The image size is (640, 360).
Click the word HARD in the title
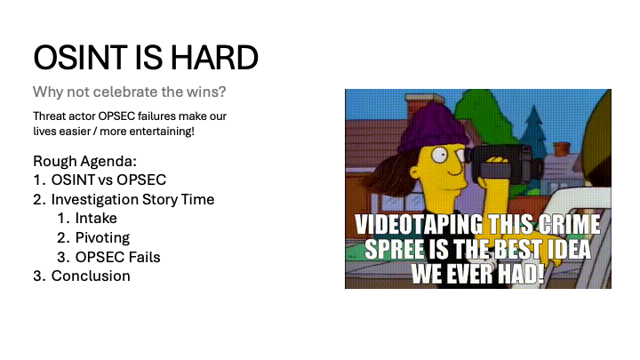click(x=214, y=58)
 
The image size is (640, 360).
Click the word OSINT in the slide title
click(x=80, y=58)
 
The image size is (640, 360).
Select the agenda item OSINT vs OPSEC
click(x=108, y=180)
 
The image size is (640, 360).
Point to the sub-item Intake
click(x=96, y=219)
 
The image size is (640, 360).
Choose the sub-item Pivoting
click(x=102, y=237)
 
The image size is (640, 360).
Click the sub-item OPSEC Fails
click(x=117, y=257)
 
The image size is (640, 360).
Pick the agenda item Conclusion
click(x=91, y=276)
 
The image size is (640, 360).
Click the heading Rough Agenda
click(x=85, y=161)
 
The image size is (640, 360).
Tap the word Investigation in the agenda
click(x=95, y=200)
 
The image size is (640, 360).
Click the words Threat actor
click(x=64, y=116)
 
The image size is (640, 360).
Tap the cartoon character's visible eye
click(x=440, y=155)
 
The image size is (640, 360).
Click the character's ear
click(x=415, y=174)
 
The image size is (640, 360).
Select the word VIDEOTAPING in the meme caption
click(x=420, y=224)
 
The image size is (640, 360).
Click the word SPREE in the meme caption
click(x=395, y=249)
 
